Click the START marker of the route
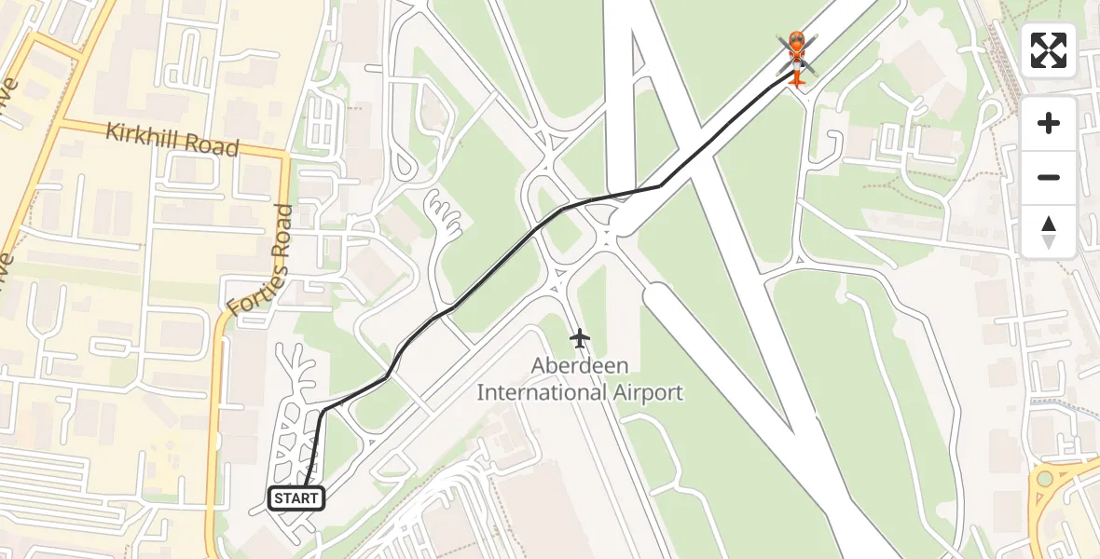pos(297,498)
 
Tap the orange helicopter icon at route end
pos(797,48)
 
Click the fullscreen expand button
pos(1049,50)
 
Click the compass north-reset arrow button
pos(1049,232)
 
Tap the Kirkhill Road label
pos(172,140)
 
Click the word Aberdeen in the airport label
pos(580,365)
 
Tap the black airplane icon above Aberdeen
pos(580,338)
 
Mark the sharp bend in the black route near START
pos(322,411)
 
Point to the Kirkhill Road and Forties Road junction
pos(284,156)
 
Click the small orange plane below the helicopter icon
pos(797,78)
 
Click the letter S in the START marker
pos(279,499)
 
